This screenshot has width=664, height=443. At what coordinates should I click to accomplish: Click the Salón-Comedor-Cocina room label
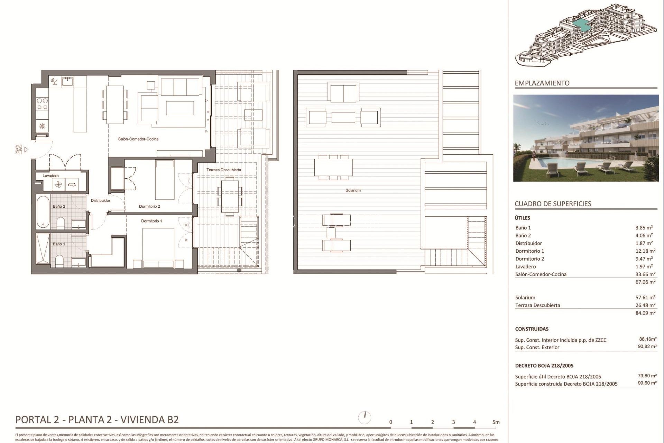pos(138,139)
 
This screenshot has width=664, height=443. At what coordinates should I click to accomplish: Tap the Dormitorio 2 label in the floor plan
pos(149,207)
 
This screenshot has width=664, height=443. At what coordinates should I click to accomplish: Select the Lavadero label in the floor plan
pos(50,176)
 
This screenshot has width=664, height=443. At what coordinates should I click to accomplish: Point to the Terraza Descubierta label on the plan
pos(224,170)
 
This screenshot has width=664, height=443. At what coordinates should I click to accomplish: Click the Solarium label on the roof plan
pos(353,190)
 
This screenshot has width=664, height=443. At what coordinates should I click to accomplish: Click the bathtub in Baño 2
pos(43,211)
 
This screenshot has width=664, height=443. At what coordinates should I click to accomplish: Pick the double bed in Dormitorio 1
pos(159,247)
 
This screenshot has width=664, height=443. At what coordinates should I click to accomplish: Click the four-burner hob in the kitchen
pos(42,104)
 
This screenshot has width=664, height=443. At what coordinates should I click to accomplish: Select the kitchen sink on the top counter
pos(67,82)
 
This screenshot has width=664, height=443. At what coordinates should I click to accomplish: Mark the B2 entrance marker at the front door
pos(19,150)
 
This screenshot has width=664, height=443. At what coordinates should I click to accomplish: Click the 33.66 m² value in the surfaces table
pos(645,274)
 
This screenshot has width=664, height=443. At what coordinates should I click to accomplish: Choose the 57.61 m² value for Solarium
pos(645,298)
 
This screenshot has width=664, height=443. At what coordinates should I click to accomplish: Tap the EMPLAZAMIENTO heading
pos(542,83)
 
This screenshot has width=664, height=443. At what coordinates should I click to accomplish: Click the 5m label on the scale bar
pos(496,422)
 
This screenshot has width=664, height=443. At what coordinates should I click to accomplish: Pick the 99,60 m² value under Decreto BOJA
pos(647,383)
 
